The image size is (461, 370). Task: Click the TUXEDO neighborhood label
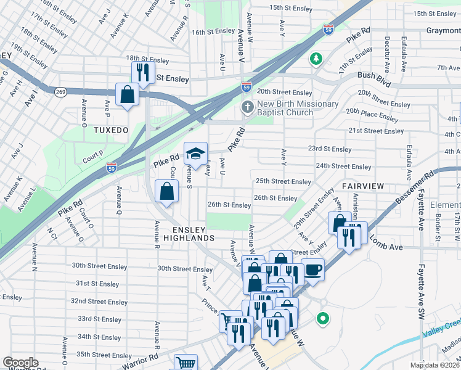(x=110, y=131)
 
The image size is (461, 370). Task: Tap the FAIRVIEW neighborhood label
(x=363, y=186)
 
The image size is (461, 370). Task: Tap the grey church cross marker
(x=248, y=108)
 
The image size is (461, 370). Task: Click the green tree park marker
(x=316, y=59)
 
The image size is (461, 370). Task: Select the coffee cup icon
(x=312, y=269)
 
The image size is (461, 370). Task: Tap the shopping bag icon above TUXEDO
(x=128, y=95)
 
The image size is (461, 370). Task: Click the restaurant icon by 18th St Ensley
(x=143, y=73)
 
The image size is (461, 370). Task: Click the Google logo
(x=20, y=363)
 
